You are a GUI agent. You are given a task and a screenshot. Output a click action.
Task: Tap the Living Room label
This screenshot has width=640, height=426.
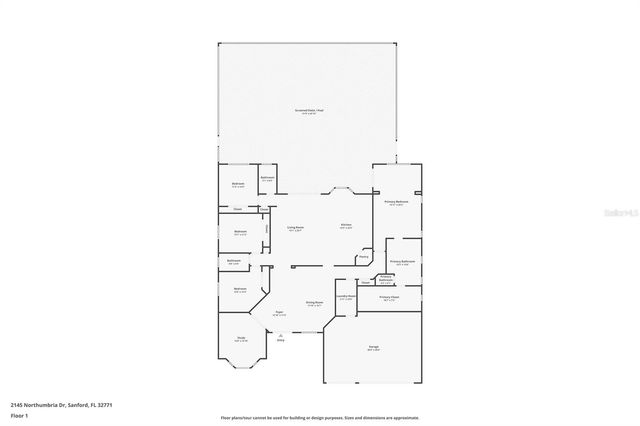(x=296, y=228)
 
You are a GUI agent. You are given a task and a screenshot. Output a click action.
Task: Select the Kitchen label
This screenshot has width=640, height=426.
(x=346, y=225)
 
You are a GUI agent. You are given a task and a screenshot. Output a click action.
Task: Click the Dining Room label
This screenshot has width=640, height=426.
(x=314, y=302)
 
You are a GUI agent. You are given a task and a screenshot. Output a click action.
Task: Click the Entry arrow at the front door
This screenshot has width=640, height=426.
(x=281, y=338)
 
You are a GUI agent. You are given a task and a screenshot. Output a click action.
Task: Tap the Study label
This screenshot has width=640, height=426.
(x=240, y=339)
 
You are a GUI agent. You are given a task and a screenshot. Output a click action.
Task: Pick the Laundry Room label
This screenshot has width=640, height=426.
(x=345, y=297)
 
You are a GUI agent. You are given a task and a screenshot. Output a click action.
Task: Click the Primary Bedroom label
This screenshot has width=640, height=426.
(x=397, y=202)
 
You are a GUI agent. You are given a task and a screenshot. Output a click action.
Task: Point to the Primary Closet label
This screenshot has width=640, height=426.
(x=389, y=297)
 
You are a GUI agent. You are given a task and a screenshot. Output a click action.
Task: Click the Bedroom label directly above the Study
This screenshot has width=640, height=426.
(x=240, y=290)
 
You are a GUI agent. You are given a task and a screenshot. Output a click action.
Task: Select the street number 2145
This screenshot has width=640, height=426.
(x=18, y=404)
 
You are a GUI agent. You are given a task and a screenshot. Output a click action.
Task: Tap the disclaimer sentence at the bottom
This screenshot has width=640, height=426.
(x=320, y=418)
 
